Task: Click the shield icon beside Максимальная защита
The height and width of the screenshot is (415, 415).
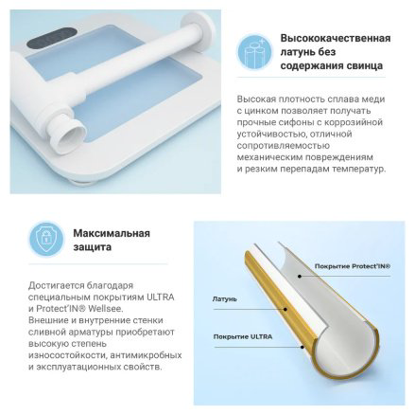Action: pyautogui.click(x=46, y=239)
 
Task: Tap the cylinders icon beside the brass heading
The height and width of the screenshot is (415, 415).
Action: pyautogui.click(x=254, y=51)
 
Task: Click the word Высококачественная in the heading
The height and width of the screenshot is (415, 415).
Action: pyautogui.click(x=336, y=38)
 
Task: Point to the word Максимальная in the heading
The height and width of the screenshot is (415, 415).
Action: pyautogui.click(x=112, y=233)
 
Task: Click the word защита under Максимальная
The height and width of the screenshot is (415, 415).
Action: pyautogui.click(x=93, y=247)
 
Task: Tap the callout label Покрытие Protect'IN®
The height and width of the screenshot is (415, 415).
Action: pyautogui.click(x=353, y=266)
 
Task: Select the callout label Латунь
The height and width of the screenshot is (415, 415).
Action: pyautogui.click(x=224, y=298)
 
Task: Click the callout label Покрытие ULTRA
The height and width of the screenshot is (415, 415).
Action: pyautogui.click(x=243, y=336)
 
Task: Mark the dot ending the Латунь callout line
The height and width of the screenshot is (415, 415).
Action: pyautogui.click(x=285, y=309)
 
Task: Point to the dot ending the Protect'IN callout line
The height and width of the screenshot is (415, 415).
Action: pyautogui.click(x=300, y=277)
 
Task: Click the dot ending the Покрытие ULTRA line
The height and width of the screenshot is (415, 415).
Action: pyautogui.click(x=302, y=347)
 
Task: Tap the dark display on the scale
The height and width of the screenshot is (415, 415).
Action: pyautogui.click(x=53, y=37)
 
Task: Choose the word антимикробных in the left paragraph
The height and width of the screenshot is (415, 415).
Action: pyautogui.click(x=146, y=355)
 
